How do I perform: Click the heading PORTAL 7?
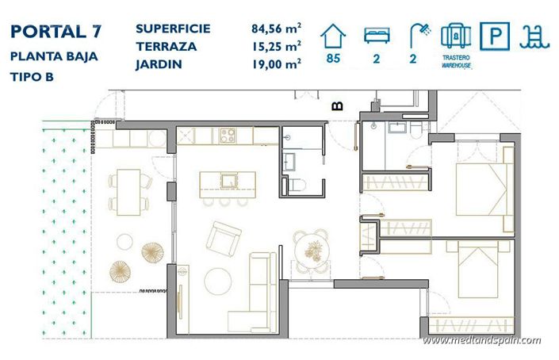pyautogui.click(x=56, y=33)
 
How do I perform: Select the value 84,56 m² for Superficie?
pyautogui.click(x=274, y=29)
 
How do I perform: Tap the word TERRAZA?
pyautogui.click(x=166, y=47)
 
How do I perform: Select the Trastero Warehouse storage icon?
pyautogui.click(x=456, y=36)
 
